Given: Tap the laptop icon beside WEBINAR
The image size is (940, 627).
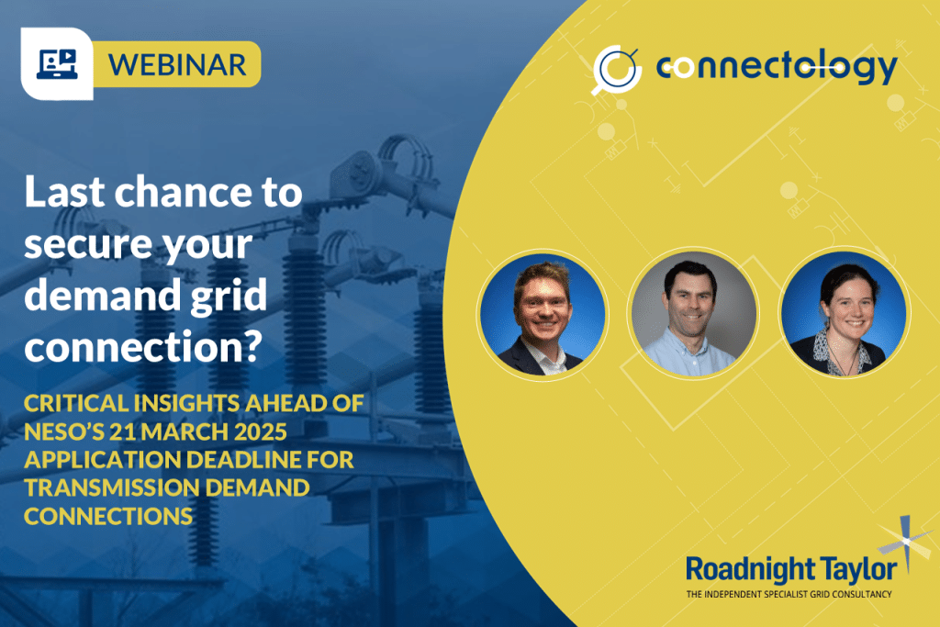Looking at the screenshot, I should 57,63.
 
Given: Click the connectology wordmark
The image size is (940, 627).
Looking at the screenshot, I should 777,67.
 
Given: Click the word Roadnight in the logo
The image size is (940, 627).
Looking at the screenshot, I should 743,569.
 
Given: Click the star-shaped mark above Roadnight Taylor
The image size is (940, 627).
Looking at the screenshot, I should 903,539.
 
